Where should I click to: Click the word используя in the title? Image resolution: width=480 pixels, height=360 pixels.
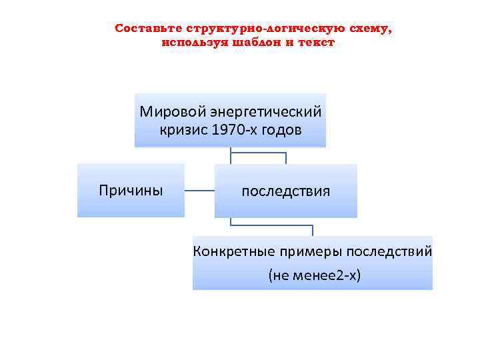pos(193,42)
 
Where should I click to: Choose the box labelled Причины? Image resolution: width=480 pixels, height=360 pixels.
pos(131,191)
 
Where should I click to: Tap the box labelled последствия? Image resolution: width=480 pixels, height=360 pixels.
pos(285,191)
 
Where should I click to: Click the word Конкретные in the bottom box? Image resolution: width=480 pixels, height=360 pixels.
pos(231,252)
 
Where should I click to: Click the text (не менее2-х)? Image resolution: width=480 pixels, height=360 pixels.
pos(313,274)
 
